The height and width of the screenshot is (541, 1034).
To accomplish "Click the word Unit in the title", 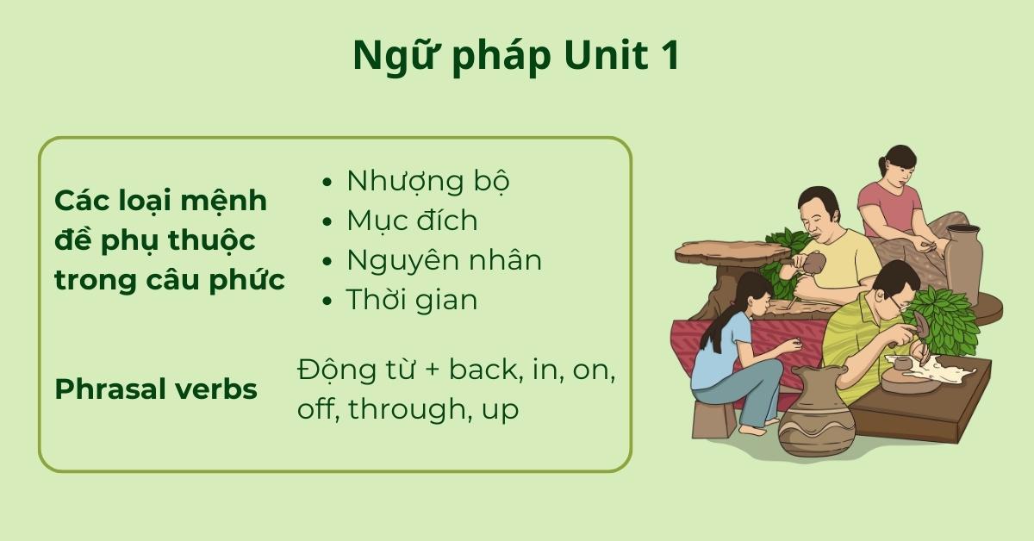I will (x=600, y=57).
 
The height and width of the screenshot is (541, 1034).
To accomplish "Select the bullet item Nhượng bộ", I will (x=427, y=182).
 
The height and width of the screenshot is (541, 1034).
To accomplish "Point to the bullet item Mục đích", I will (x=411, y=221).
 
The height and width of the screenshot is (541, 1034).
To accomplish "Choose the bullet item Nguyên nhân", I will (x=444, y=260).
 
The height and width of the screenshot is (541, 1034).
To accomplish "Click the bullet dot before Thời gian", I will (x=327, y=301).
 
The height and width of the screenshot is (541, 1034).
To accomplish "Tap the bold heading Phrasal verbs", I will (x=156, y=389).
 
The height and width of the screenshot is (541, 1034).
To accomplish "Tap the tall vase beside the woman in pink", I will (x=963, y=263).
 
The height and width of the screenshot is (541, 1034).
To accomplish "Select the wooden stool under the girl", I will (x=714, y=418).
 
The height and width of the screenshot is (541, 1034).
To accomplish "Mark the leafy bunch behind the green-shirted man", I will (x=947, y=319).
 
